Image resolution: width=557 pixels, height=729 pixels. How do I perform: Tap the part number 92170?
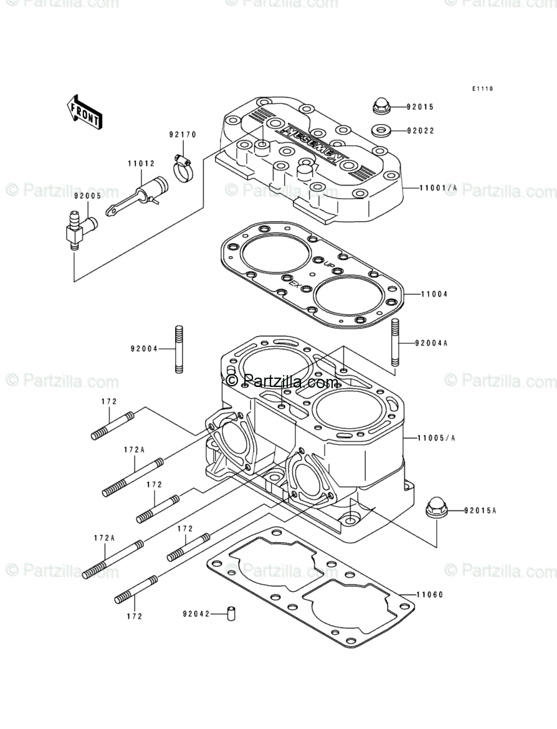coord(183,135)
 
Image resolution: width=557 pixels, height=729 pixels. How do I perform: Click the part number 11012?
coord(141,164)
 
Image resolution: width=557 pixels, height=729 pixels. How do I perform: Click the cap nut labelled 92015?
coord(381,107)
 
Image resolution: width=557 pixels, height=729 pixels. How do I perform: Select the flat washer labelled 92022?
coord(381,131)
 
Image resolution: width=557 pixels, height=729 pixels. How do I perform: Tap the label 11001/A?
coord(438,188)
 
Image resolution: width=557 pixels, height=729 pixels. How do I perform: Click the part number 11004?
coord(434,293)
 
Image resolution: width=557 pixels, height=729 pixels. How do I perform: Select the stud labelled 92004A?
coord(395,343)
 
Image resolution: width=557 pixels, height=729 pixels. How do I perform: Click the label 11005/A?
coord(437,438)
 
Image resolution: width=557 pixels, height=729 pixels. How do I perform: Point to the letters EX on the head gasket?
coord(295,285)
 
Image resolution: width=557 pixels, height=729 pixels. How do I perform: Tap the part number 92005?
coord(87,195)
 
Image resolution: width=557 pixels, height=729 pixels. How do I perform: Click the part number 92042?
coord(195,614)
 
